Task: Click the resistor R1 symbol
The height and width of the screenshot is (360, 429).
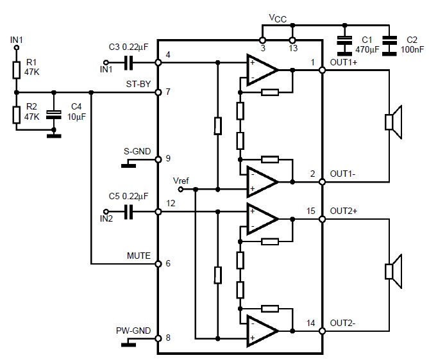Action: click(x=17, y=70)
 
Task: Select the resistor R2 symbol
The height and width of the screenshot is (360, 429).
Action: click(x=17, y=115)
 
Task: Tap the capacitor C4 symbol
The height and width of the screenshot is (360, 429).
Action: click(x=54, y=115)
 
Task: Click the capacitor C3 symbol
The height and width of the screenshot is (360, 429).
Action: click(x=129, y=63)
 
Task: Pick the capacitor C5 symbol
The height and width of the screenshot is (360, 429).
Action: click(x=129, y=212)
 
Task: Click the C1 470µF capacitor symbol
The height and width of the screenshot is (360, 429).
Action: click(x=344, y=45)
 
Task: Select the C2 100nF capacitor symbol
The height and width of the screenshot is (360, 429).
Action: click(x=389, y=45)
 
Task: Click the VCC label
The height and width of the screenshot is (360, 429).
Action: click(x=278, y=19)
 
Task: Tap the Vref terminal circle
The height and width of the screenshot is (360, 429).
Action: click(x=181, y=189)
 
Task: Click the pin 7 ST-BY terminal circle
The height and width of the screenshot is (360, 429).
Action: click(x=158, y=92)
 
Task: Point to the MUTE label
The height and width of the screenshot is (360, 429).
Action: click(x=139, y=256)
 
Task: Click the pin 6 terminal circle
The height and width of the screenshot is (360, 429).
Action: click(x=158, y=264)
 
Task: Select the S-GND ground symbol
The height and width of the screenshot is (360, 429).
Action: click(x=129, y=165)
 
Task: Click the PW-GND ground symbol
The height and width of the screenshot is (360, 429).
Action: click(x=129, y=345)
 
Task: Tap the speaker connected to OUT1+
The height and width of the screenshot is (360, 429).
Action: click(x=394, y=122)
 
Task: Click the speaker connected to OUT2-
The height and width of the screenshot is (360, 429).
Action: click(x=394, y=271)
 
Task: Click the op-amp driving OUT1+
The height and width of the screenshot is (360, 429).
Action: click(x=262, y=70)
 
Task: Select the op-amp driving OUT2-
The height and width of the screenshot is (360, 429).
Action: click(x=262, y=331)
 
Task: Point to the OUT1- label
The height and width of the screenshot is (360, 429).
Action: click(x=342, y=174)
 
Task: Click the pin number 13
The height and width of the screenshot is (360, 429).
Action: click(x=293, y=49)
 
